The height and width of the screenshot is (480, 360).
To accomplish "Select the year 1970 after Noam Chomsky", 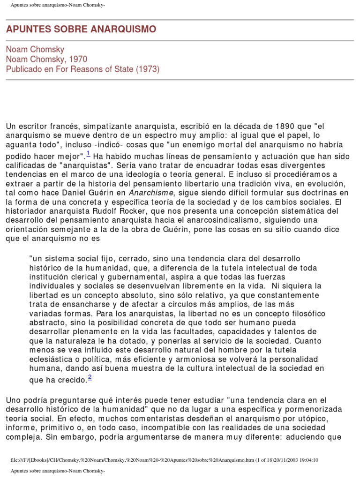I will click(77, 59).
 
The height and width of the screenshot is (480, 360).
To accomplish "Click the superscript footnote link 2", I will click(90, 378).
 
